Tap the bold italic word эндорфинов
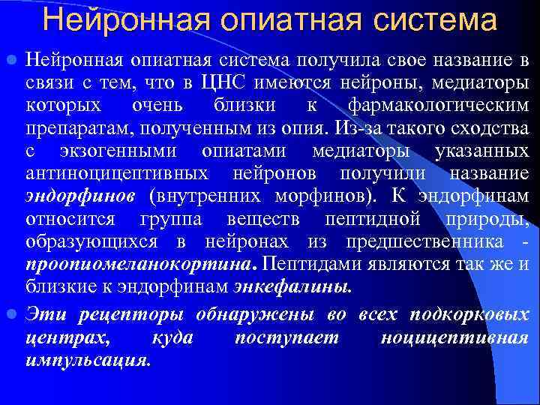[x=80, y=196]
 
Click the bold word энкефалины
[x=292, y=286]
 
